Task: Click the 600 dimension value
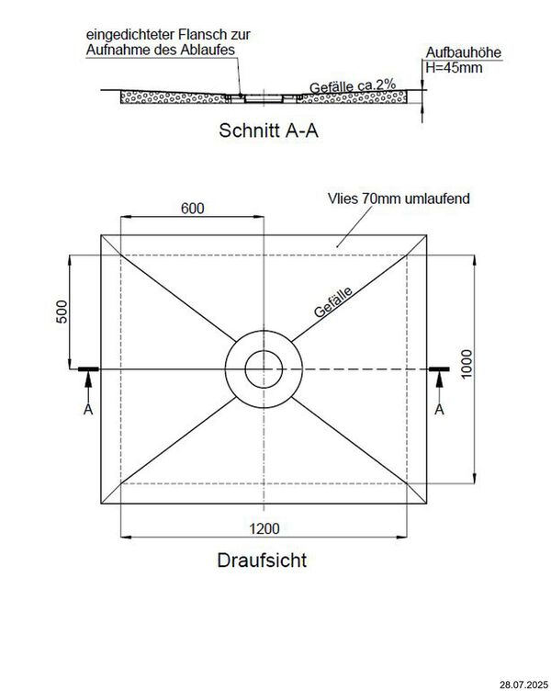192,209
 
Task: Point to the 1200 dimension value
264,529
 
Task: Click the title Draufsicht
262,559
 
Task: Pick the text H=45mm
453,67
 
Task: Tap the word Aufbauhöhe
464,53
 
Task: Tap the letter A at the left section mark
87,408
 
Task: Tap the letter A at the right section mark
439,408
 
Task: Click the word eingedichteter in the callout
123,34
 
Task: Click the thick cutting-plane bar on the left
88,369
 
